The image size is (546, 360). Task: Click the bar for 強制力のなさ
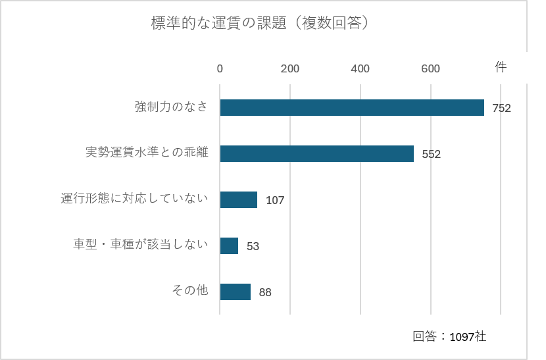(x=352, y=107)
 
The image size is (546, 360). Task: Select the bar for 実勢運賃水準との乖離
(x=317, y=154)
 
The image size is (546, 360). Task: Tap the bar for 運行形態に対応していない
(x=239, y=199)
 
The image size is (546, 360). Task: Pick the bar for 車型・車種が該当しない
(x=229, y=245)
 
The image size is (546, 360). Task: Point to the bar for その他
(x=236, y=292)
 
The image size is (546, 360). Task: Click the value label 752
(x=501, y=108)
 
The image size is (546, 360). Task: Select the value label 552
(x=431, y=154)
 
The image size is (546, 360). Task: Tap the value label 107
(x=275, y=200)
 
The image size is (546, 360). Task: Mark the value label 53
(x=253, y=246)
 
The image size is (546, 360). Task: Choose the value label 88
(x=265, y=292)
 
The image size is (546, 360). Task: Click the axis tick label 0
(x=220, y=68)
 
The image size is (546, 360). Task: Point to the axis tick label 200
(x=290, y=68)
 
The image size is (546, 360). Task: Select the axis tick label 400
(x=360, y=68)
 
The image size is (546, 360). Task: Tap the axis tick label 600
(x=430, y=68)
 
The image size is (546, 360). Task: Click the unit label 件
(x=501, y=66)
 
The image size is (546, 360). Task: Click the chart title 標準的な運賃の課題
(x=218, y=23)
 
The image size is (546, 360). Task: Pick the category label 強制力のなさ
(x=171, y=107)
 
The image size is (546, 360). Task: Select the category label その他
(x=189, y=290)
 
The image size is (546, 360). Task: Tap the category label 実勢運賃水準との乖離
(x=147, y=152)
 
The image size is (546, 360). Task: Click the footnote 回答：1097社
(x=449, y=336)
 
